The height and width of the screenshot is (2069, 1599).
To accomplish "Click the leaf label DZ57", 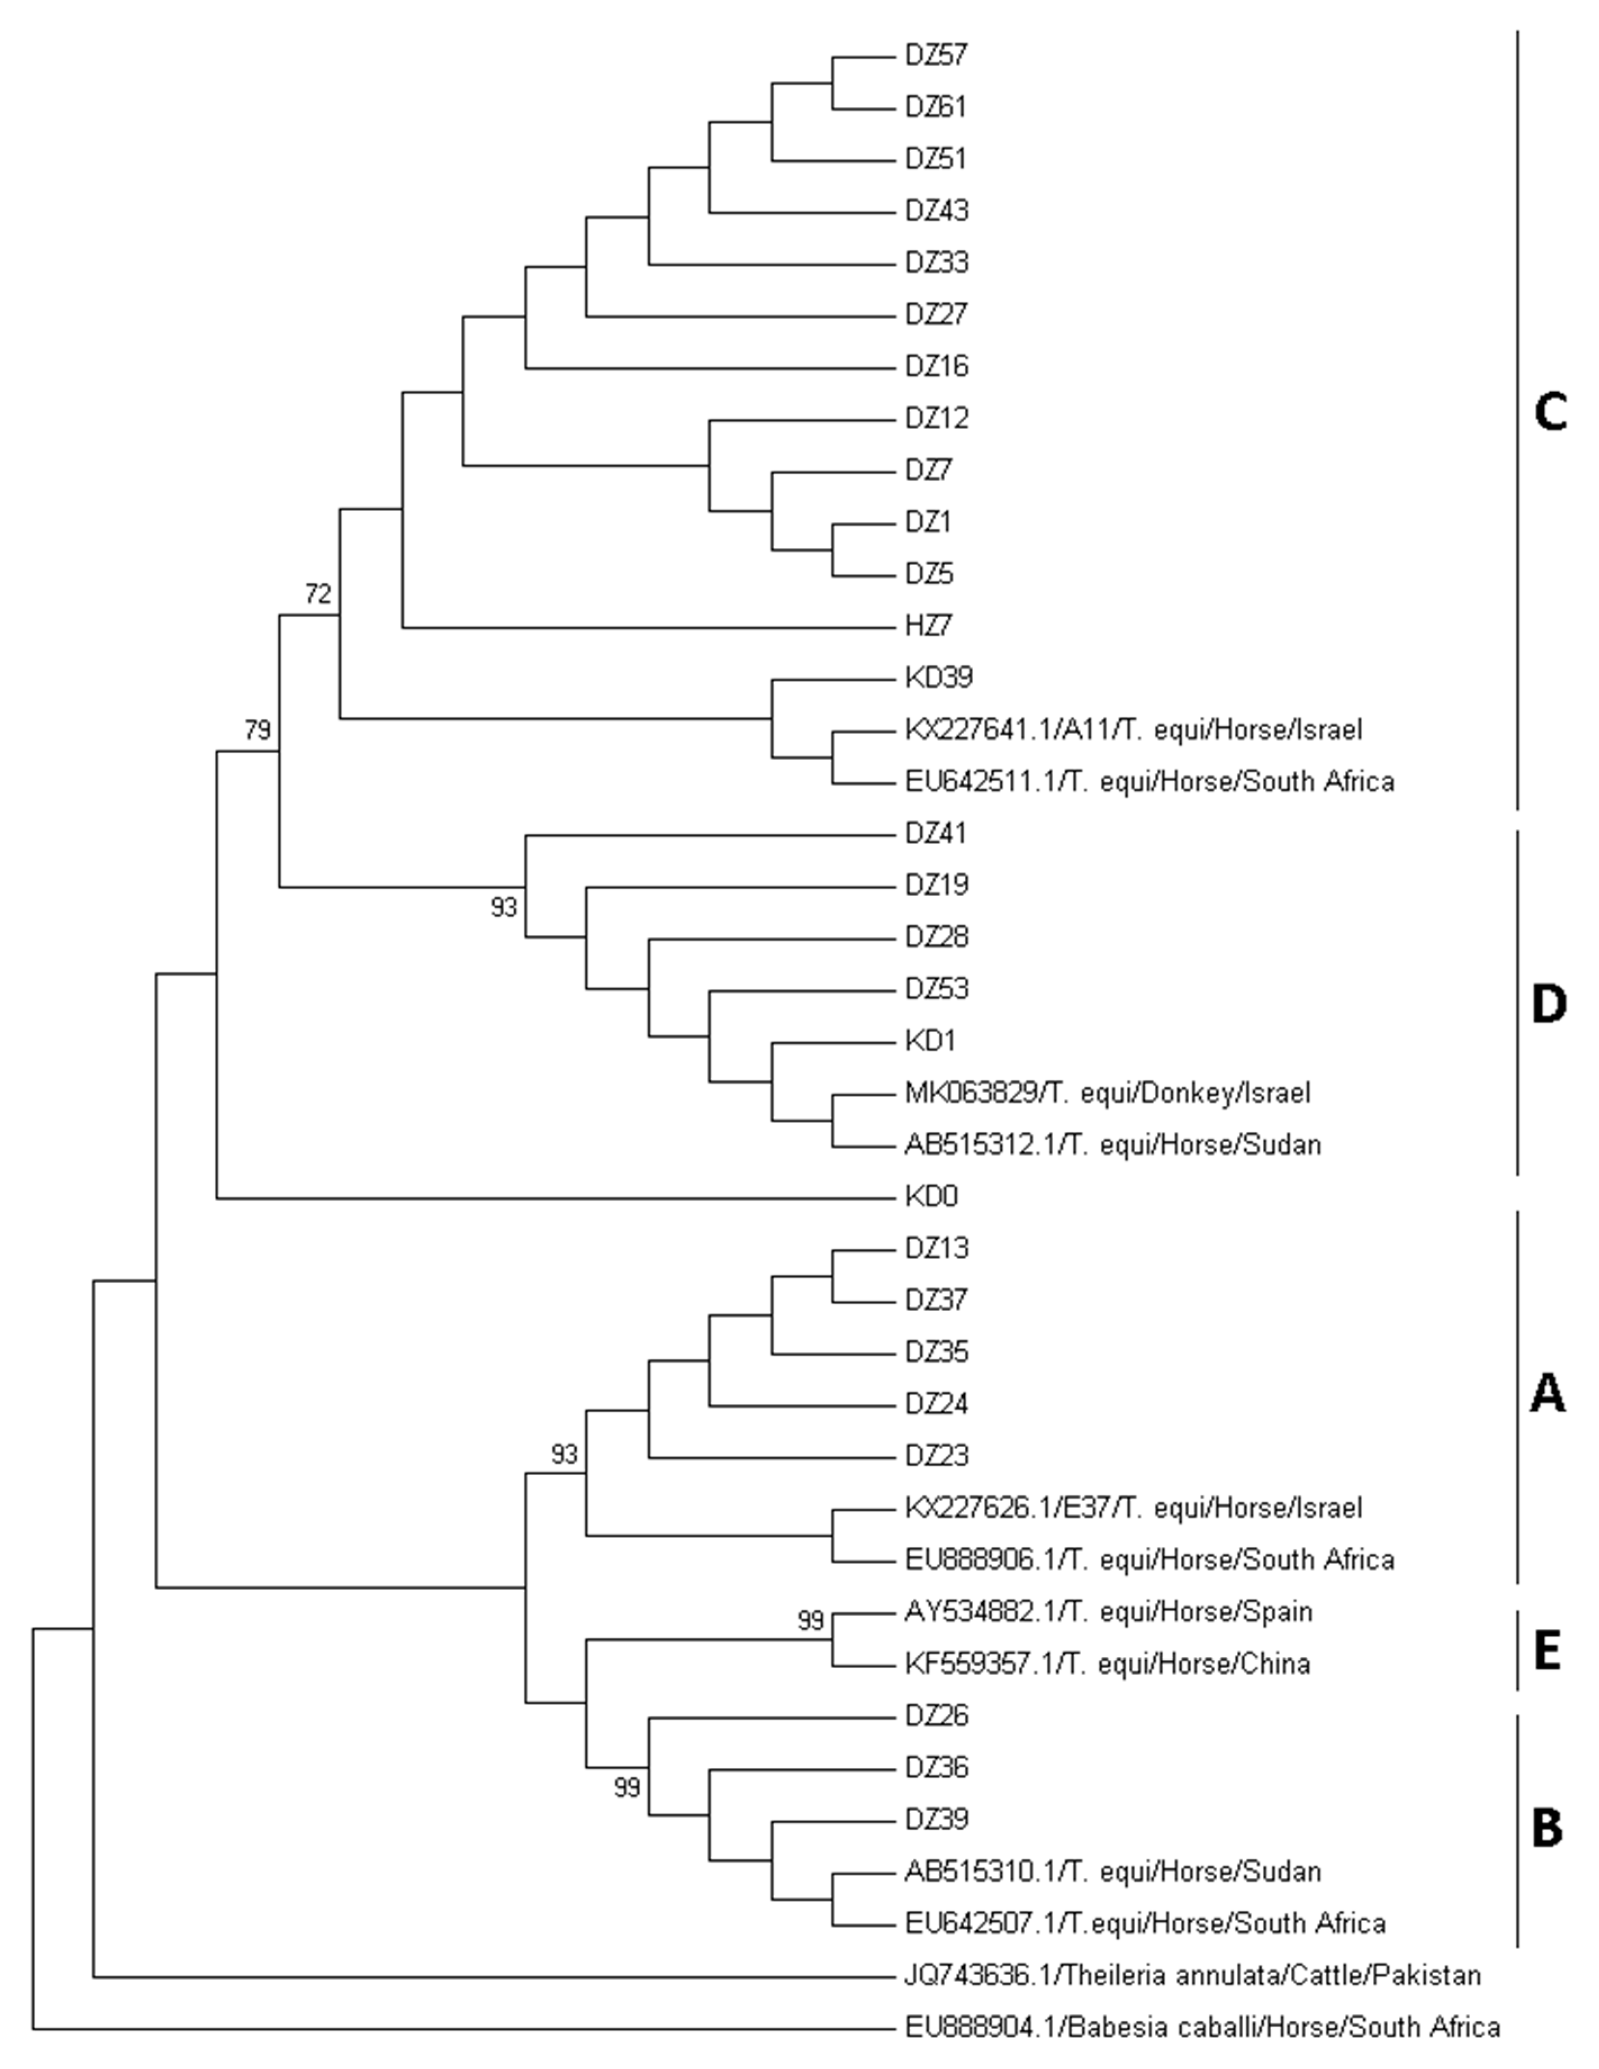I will pos(936,56).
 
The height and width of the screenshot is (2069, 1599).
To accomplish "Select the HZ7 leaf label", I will pos(928,626).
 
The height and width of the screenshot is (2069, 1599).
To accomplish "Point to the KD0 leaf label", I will pos(931,1197).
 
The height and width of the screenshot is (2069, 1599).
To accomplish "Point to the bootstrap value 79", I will pos(258,731).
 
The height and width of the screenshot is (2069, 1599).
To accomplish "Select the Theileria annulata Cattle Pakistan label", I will pos(1193,1976).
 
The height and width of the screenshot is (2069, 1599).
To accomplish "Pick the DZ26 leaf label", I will pos(937,1716).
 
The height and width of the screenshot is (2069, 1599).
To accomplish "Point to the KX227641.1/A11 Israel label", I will pos(1133,731).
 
